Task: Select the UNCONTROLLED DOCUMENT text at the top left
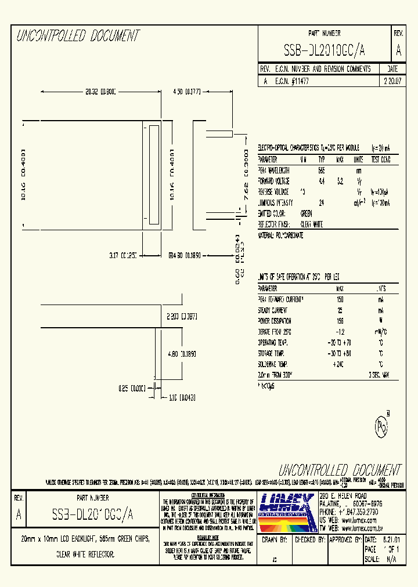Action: click(78, 36)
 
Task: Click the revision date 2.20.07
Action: click(391, 82)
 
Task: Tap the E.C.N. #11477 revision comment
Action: click(291, 82)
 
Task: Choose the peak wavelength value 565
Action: click(321, 170)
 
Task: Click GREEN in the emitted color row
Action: click(306, 213)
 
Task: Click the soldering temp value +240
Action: click(340, 364)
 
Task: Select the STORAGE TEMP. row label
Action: click(274, 353)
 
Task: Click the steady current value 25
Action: click(340, 310)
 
